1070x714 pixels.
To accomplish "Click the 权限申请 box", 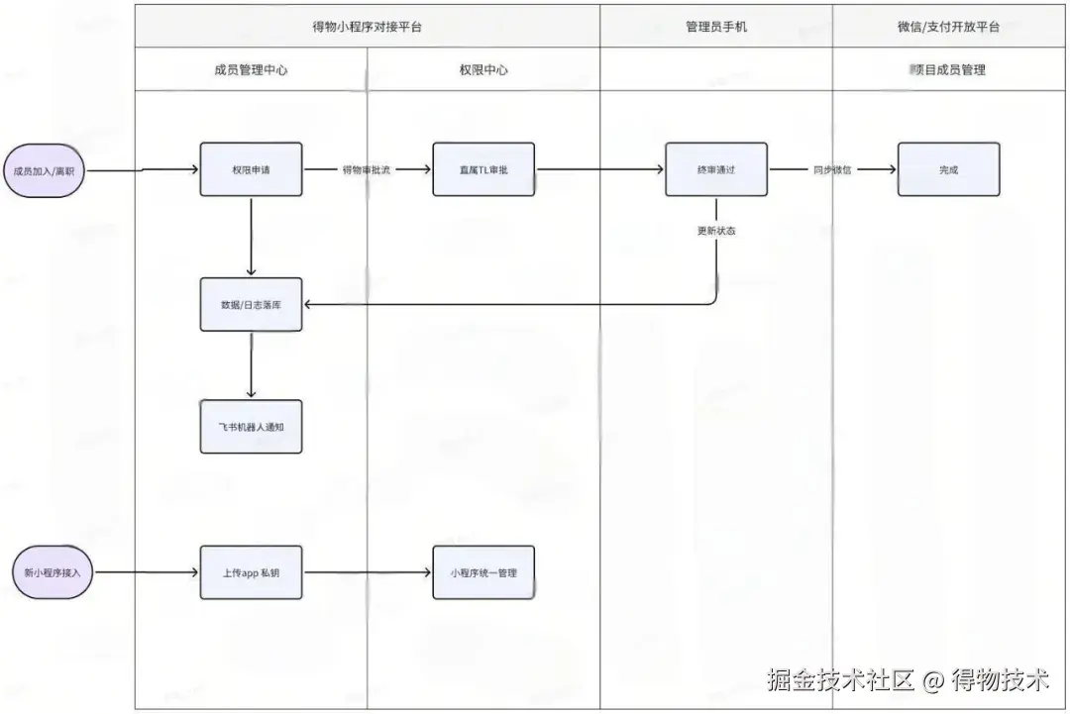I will coord(251,169).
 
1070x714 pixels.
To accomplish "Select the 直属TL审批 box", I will coord(483,169).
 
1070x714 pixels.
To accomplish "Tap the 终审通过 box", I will coord(715,169).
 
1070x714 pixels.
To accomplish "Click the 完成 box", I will coord(948,169).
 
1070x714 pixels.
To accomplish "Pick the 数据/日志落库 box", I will coord(251,304).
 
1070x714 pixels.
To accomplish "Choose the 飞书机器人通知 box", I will coord(251,427).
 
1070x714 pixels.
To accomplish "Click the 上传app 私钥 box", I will coord(251,572).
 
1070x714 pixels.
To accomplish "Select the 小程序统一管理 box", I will coord(483,572).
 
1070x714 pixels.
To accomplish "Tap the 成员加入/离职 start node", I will coord(44,170).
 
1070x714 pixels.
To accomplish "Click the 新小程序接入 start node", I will coord(52,572).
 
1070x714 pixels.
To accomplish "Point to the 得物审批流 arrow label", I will coord(367,170).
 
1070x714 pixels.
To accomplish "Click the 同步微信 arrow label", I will coord(833,170).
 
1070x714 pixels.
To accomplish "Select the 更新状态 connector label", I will coord(715,231).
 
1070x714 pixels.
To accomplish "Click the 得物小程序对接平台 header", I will coord(367,27).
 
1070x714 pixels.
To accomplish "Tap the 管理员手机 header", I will coord(715,27).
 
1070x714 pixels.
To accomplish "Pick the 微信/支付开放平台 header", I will coord(948,27).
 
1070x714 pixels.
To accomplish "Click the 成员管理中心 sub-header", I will coord(251,70).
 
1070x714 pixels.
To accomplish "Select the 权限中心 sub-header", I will coord(483,70).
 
